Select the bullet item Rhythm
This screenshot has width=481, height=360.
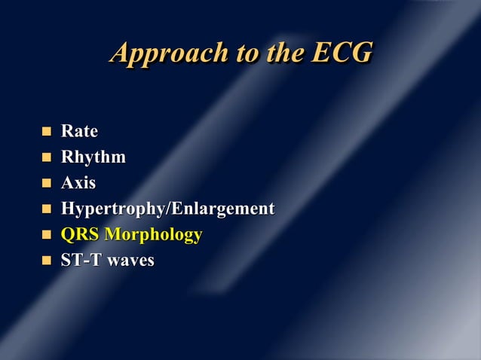coord(93,157)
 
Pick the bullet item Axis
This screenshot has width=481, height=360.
coord(78,183)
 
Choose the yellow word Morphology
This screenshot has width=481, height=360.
coord(153,235)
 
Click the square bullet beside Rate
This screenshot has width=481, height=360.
coord(45,132)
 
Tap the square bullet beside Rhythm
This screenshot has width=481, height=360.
coord(45,157)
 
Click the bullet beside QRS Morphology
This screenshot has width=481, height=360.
coord(45,235)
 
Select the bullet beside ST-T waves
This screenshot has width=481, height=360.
coord(45,261)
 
